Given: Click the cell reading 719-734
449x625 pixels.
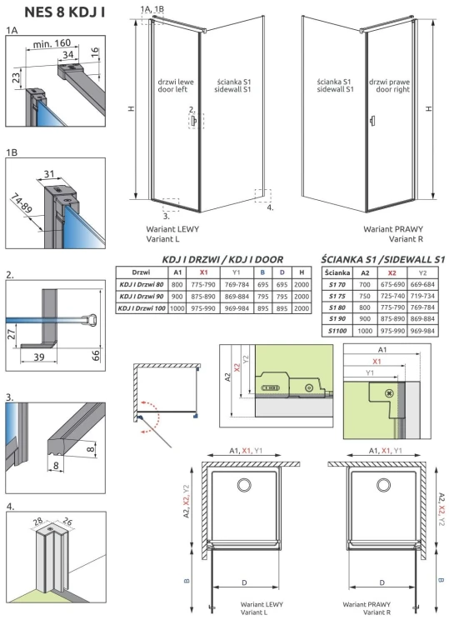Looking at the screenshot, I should tap(422, 296).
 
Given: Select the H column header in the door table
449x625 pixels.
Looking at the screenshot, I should tap(299, 272).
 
